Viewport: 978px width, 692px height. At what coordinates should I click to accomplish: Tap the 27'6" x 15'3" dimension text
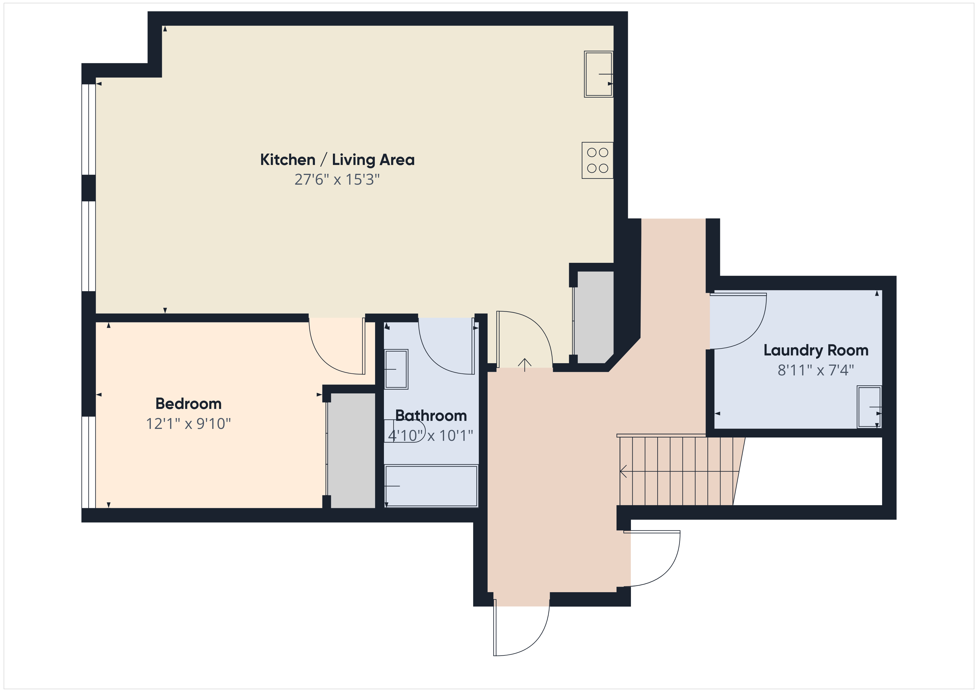coord(337,180)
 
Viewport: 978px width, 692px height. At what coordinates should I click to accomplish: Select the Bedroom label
coord(188,403)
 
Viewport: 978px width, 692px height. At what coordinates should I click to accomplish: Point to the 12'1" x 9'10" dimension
coord(188,424)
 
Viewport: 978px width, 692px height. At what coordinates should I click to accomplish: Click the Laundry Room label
coord(816,350)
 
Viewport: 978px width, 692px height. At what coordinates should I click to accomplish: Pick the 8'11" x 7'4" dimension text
coord(816,370)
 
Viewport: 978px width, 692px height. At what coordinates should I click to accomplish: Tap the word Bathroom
coord(431,416)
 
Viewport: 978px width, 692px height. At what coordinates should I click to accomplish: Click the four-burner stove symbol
coord(598,160)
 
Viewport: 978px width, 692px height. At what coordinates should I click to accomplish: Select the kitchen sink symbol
coord(598,74)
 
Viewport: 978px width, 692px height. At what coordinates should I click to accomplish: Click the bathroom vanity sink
coord(396,369)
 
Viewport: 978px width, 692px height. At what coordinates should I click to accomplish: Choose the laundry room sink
coord(869,407)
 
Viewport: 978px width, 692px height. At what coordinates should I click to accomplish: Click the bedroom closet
coord(353,451)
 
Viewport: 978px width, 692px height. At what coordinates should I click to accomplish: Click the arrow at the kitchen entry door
coord(524,365)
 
